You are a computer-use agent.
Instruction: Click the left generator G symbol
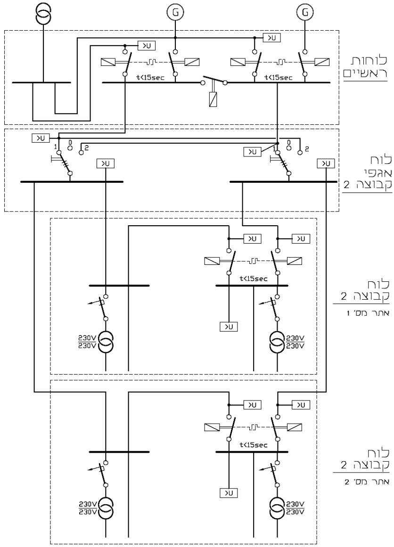tap(175, 13)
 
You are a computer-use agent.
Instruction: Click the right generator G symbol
tap(305, 13)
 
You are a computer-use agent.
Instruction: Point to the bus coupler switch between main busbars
tap(214, 80)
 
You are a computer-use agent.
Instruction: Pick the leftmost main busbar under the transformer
tap(41, 82)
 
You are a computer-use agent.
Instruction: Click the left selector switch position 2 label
tap(87, 147)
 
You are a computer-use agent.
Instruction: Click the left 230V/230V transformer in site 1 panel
tap(106, 343)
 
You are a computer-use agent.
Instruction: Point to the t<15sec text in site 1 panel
tap(254, 278)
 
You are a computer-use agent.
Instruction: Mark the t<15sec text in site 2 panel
tap(254, 445)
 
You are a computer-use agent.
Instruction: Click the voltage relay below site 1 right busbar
tap(228, 327)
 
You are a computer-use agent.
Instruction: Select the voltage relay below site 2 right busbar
tap(228, 493)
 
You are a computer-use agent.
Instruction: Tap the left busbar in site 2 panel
tap(119, 452)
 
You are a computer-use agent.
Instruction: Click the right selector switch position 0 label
tap(288, 142)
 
